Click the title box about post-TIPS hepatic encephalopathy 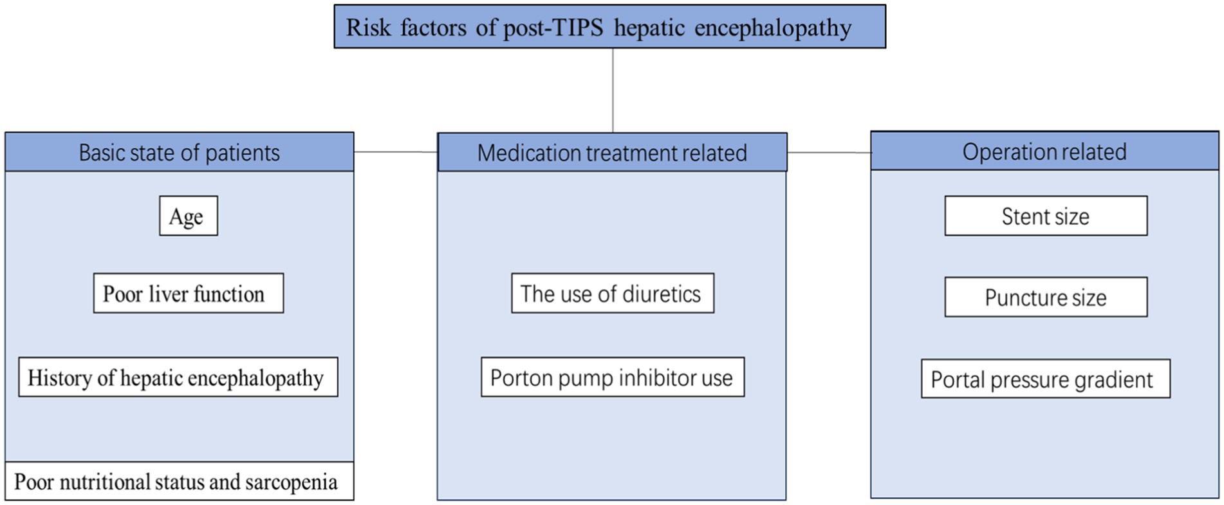point(609,26)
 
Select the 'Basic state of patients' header point(180,152)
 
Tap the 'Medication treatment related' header point(612,153)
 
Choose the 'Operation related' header point(1044,151)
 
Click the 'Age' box point(189,216)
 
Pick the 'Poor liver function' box point(189,293)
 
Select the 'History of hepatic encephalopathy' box point(178,377)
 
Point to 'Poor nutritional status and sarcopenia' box point(180,481)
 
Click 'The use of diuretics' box point(613,293)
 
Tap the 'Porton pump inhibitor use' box point(613,377)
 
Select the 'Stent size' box point(1046,216)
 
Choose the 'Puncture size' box point(1046,297)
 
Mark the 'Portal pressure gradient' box point(1046,379)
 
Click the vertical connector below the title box point(613,91)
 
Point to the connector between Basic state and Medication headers point(396,152)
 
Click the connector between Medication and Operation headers point(829,153)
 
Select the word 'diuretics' point(661,294)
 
